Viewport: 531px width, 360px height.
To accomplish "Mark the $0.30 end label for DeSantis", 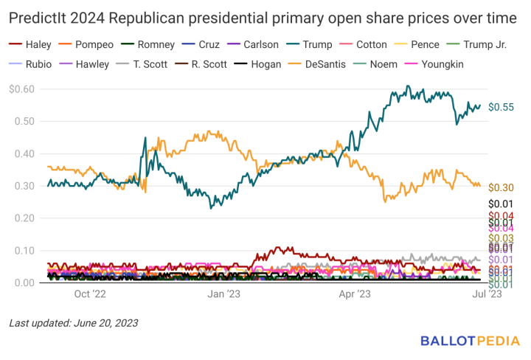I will click(x=501, y=187).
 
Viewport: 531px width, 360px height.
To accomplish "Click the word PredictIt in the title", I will click(x=38, y=15).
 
